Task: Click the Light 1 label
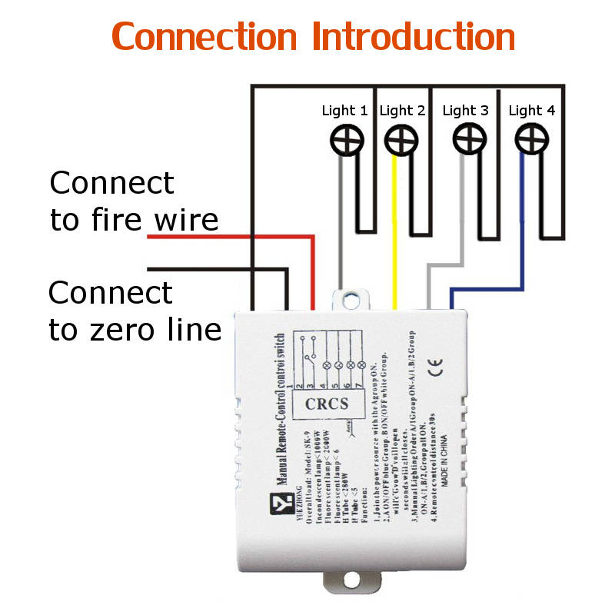coord(344,111)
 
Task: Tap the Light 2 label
coord(402,111)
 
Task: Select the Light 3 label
coord(465,111)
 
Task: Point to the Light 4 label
coord(531,111)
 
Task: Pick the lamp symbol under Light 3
coord(466,140)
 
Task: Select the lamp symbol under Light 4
coord(529,140)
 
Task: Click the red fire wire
coord(231,238)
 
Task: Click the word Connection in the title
coord(204,37)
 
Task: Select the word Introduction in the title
coord(414,37)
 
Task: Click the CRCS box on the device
coord(327,404)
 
